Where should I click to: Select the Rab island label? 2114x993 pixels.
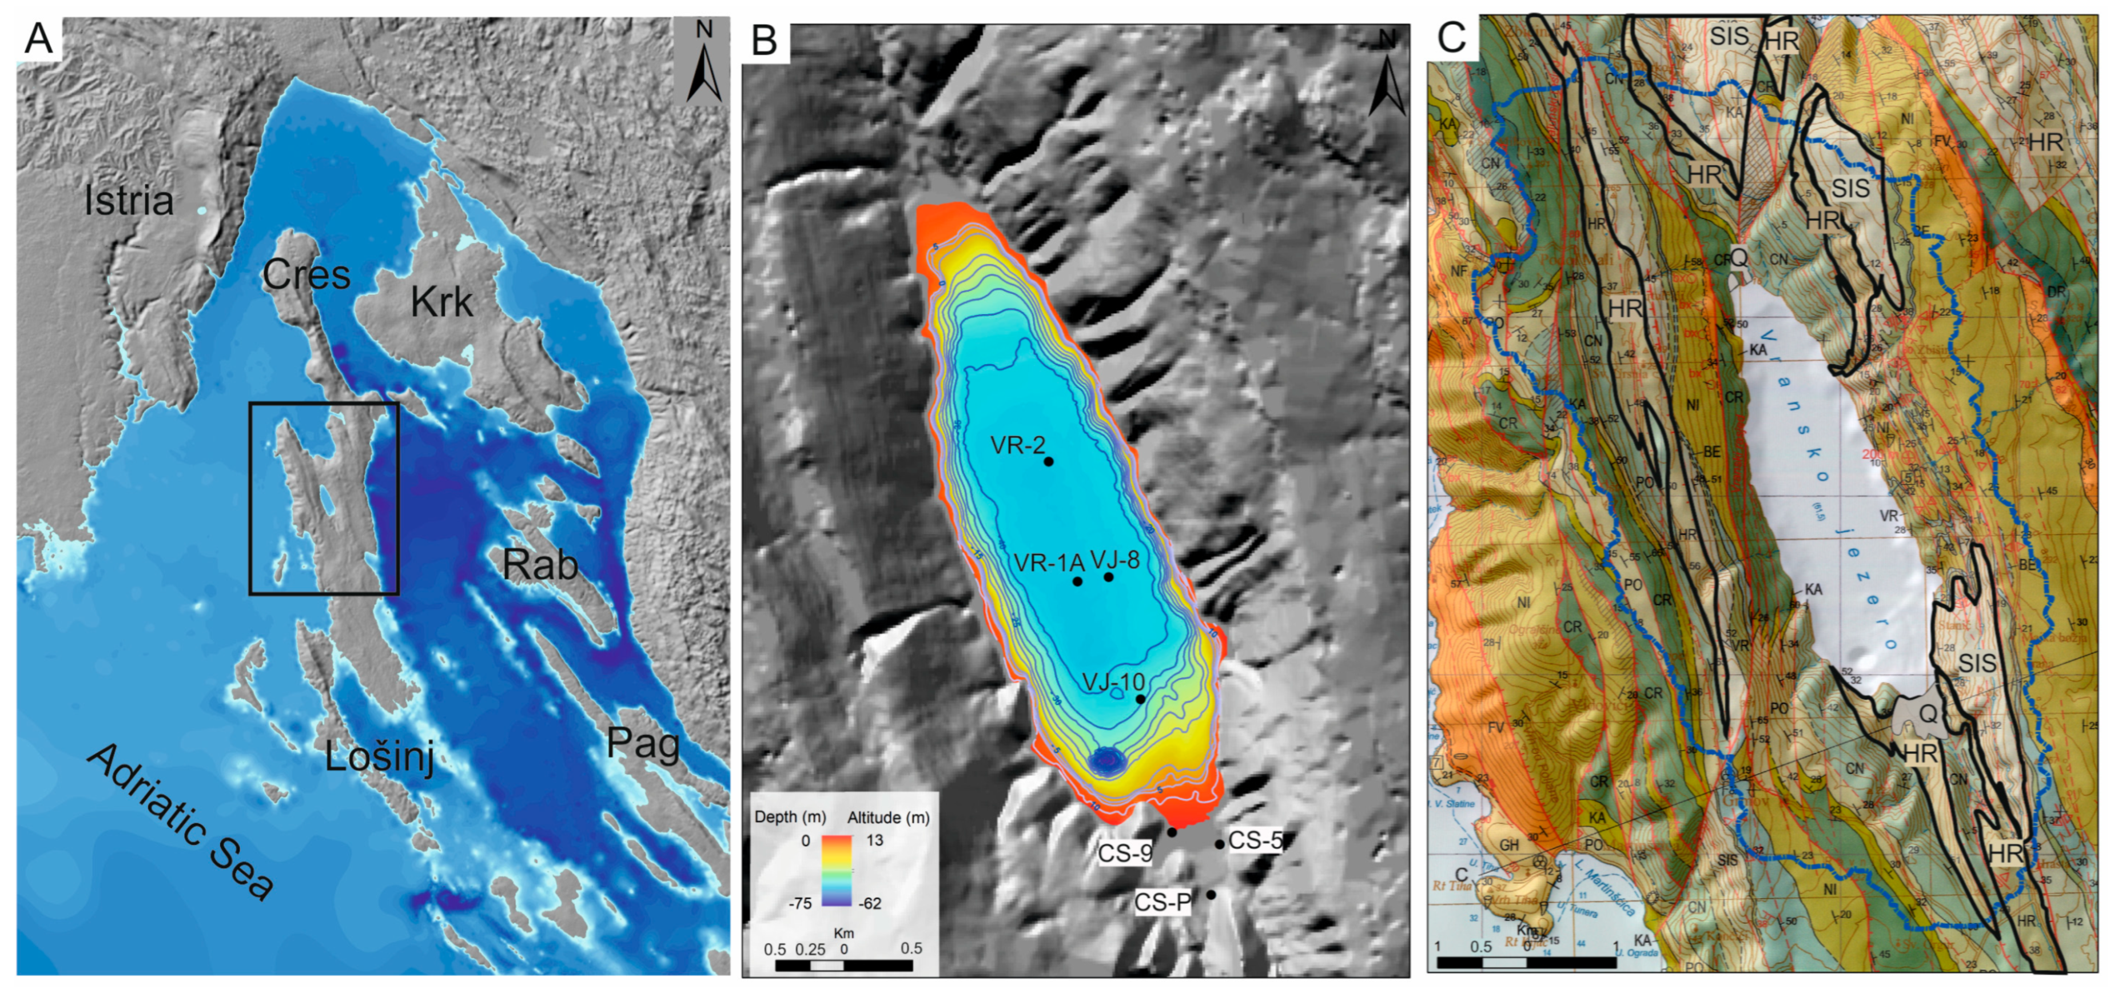click(540, 565)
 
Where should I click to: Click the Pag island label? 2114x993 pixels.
click(643, 744)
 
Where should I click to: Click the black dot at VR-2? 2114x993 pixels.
click(1048, 461)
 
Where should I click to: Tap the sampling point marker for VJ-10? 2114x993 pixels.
click(1140, 699)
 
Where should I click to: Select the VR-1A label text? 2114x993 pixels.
click(1049, 563)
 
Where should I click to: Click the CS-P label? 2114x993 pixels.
click(1162, 903)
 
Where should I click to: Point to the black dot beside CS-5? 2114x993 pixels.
click(1220, 844)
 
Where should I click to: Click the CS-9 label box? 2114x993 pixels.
click(1125, 854)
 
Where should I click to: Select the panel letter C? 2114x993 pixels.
click(1452, 38)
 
